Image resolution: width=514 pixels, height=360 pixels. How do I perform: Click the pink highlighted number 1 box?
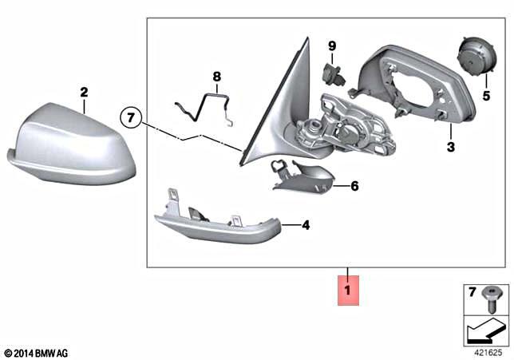(x=348, y=288)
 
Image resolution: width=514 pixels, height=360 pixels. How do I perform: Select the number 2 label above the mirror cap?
(x=84, y=93)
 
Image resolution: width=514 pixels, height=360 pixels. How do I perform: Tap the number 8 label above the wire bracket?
(x=215, y=77)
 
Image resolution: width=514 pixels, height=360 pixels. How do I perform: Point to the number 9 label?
(x=333, y=46)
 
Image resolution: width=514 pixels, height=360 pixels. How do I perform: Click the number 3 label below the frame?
(x=450, y=147)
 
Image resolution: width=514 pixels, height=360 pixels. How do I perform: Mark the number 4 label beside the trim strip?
(x=306, y=226)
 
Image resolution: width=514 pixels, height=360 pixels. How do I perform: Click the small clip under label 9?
(x=331, y=74)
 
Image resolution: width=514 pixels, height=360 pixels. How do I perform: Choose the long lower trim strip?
(x=215, y=225)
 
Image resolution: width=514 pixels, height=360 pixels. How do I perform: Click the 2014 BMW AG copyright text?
(x=36, y=352)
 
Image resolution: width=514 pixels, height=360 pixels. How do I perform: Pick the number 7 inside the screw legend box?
(x=471, y=291)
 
